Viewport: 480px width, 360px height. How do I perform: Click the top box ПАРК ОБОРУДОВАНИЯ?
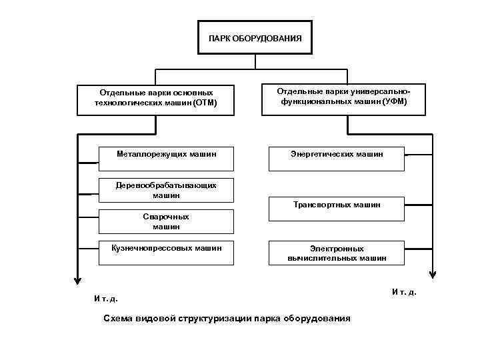[255, 38]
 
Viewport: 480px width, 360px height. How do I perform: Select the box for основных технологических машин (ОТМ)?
[156, 98]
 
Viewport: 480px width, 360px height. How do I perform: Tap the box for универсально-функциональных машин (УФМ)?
[343, 97]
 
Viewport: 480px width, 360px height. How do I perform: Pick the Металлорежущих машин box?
[166, 154]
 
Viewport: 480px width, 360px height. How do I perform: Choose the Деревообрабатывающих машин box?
[166, 190]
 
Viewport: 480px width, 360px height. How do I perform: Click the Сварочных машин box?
[166, 221]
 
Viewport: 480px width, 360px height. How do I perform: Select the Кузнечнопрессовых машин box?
[166, 251]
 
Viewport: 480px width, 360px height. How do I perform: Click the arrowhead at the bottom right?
[433, 273]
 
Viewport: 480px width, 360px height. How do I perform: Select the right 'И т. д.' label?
[404, 292]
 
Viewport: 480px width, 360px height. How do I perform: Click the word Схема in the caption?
[118, 318]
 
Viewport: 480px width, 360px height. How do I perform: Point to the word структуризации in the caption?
[215, 318]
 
